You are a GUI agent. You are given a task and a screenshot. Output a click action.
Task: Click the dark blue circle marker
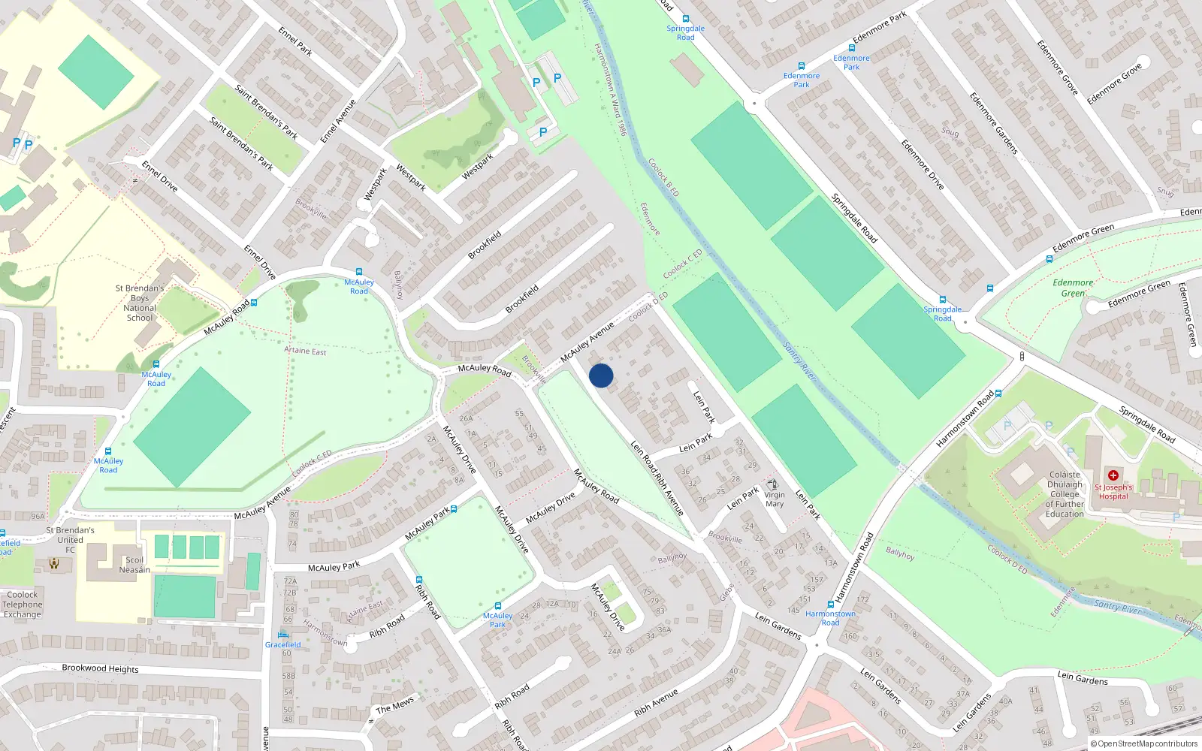pos(601,375)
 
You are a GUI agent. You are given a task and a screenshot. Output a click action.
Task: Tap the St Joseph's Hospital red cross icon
pos(1113,475)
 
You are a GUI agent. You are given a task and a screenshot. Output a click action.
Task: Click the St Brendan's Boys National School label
pos(140,303)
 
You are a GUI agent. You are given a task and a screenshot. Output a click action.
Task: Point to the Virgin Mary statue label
pos(775,499)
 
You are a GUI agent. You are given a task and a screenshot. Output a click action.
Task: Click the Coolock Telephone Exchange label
pos(23,605)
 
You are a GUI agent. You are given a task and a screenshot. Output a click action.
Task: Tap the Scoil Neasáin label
pos(134,565)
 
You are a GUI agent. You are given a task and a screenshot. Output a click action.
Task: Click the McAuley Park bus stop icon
pos(497,606)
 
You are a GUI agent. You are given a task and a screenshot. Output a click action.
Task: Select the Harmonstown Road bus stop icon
pos(830,604)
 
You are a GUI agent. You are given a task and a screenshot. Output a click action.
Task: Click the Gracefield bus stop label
pos(282,645)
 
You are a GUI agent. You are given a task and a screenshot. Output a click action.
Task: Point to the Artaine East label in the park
pos(305,351)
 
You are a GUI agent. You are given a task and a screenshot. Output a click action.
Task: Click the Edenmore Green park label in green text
pos(1073,288)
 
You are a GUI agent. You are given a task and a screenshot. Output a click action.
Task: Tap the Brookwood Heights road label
pos(100,668)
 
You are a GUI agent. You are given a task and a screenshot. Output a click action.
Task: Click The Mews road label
pos(395,704)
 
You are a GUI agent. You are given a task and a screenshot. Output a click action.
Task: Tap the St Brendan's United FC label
pos(70,539)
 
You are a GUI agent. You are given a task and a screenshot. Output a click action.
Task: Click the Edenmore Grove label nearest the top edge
pos(1058,68)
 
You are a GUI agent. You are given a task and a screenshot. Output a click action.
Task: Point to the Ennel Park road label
pos(295,41)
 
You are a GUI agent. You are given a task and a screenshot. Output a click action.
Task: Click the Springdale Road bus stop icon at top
pos(685,19)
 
